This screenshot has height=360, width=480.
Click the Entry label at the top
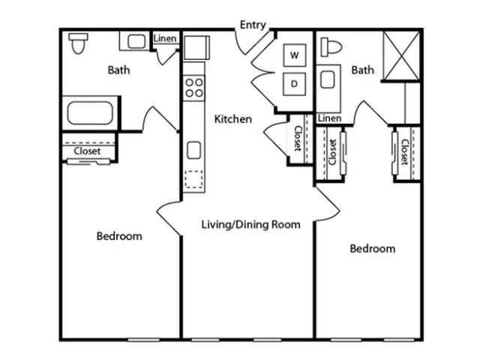coord(253,25)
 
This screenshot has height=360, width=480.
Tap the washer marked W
coord(295,55)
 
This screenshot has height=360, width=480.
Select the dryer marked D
coord(294,84)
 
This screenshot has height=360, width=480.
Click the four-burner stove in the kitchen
coord(194,88)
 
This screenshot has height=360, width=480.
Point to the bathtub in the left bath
coord(90,113)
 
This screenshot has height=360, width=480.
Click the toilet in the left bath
coord(78,43)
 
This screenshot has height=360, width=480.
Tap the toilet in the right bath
coord(331,47)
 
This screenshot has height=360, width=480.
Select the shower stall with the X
coord(401,55)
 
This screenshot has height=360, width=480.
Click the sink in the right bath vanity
coord(328,79)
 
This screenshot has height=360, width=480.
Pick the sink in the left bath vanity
coord(136,41)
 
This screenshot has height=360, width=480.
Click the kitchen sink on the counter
coord(193,150)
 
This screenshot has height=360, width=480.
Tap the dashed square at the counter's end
coord(193,179)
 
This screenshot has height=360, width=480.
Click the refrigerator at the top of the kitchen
coord(196,47)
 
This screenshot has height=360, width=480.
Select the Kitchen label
coord(233,119)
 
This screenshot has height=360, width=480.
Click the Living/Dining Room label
coord(250,224)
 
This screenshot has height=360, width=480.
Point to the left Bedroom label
coord(119,236)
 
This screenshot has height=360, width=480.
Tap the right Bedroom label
coord(373,248)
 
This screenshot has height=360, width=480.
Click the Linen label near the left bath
coord(165,38)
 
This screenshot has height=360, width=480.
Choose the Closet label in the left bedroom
coord(87,151)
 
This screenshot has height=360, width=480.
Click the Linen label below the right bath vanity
coord(330,118)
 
